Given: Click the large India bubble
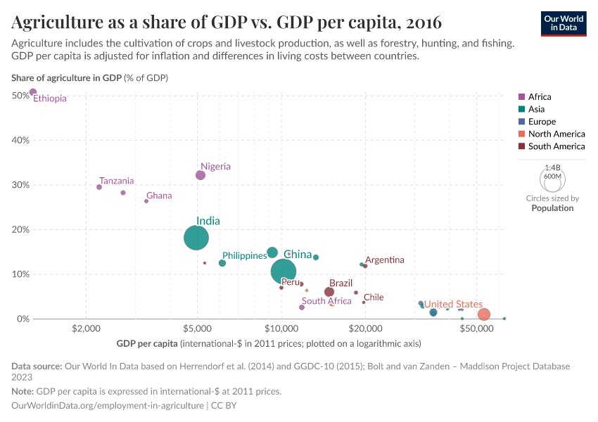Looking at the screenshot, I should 196,238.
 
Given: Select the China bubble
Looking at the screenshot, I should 284,271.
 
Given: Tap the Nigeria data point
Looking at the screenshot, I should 201,175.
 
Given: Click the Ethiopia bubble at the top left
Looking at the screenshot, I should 33,92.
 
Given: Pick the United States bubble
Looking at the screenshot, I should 483,314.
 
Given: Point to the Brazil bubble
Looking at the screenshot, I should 329,292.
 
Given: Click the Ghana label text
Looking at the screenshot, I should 159,196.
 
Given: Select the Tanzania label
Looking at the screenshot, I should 116,181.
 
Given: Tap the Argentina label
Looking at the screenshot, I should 385,260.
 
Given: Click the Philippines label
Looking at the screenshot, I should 244,255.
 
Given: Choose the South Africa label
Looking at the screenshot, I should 326,301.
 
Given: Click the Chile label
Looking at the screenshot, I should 374,297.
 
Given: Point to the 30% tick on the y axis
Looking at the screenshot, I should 20,185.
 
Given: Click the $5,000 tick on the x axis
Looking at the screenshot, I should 197,329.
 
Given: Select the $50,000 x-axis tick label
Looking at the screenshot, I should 478,329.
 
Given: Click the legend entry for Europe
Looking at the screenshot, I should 542,122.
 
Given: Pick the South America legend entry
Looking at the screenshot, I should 556,146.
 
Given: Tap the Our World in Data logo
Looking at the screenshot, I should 564,23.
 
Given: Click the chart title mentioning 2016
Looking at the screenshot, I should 227,23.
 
